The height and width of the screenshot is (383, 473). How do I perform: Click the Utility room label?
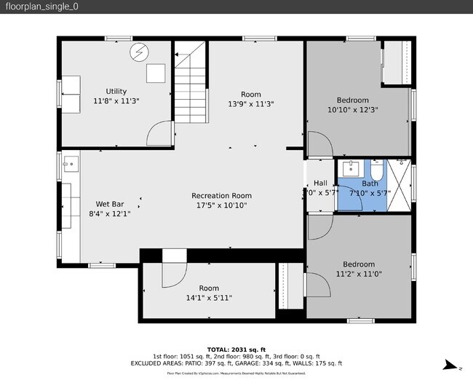click(116, 91)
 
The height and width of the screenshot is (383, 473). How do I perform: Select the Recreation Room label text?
click(221, 195)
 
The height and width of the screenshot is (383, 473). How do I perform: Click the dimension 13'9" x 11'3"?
click(250, 103)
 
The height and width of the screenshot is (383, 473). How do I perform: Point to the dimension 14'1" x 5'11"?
click(209, 298)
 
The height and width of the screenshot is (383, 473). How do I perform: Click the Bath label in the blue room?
click(370, 183)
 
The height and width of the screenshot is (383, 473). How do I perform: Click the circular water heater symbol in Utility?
click(138, 52)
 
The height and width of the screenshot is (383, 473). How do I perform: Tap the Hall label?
click(320, 183)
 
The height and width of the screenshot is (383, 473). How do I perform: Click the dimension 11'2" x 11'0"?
click(359, 275)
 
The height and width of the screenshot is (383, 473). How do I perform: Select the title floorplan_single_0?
click(41, 7)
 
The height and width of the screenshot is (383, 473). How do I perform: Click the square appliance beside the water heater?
click(154, 73)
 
